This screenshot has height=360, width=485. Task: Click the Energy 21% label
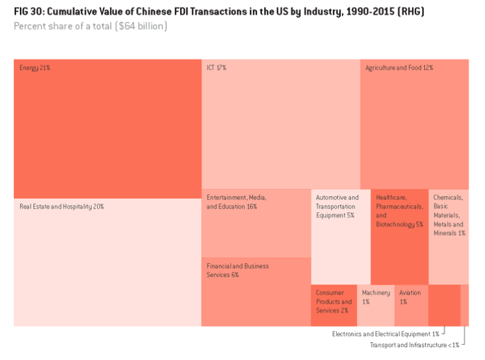35,67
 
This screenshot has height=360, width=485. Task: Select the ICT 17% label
216,67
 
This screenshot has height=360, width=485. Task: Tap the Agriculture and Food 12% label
399,67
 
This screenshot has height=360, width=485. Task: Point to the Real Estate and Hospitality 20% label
61,207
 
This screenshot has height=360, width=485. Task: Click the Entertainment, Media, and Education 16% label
236,202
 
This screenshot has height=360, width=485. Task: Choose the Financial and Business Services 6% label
237,270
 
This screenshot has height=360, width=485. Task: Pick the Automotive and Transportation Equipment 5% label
337,207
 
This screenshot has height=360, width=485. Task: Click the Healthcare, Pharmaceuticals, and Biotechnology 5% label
399,211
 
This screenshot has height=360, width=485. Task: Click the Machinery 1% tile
375,305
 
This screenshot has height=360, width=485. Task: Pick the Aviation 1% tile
411,305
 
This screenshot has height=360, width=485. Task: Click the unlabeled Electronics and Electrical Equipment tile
443,305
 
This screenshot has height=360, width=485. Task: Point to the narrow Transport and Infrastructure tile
465,305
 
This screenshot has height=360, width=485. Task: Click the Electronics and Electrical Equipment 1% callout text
385,334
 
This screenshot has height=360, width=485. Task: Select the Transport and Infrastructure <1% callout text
414,345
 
